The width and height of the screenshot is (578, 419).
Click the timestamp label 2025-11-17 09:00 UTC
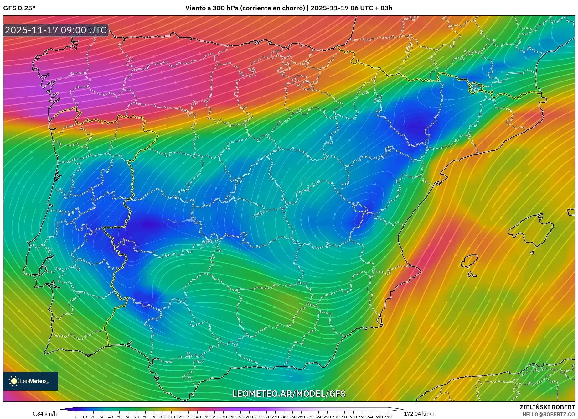tap(56, 30)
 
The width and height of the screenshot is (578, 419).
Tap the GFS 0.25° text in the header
tap(19, 8)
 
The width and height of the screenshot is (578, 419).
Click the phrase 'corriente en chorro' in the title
tap(272, 8)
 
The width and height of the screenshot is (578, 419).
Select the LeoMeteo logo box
tap(31, 381)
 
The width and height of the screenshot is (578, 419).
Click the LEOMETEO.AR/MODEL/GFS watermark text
tap(289, 394)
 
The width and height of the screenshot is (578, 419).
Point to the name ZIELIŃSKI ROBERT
tap(547, 407)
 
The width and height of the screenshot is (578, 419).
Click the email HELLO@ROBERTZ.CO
tap(548, 414)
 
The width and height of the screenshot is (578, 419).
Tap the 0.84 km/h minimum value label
tap(44, 414)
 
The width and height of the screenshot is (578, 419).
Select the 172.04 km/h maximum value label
tap(419, 414)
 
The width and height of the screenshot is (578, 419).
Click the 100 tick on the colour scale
tap(163, 417)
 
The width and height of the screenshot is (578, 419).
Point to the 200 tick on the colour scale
tap(249, 417)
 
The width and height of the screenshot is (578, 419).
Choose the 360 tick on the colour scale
tap(388, 417)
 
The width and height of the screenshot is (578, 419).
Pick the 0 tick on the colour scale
tap(76, 417)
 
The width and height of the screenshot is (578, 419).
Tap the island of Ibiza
tap(470, 260)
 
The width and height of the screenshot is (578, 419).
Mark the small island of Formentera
tap(472, 275)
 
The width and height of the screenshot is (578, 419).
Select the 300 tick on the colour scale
tap(336, 417)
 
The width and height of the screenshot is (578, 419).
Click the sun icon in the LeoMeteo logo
tap(14, 381)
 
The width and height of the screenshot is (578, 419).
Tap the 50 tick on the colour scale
tap(119, 417)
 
